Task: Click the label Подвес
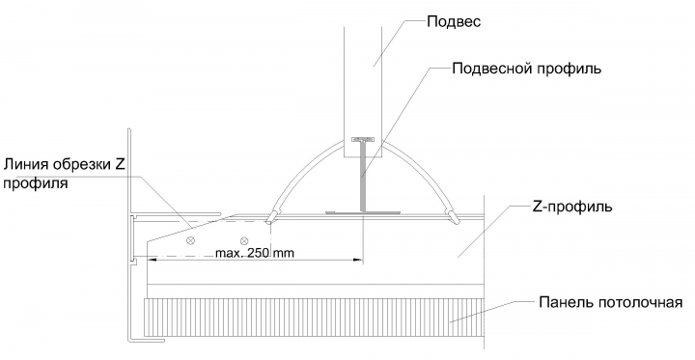pyautogui.click(x=454, y=22)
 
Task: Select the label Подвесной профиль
pyautogui.click(x=527, y=69)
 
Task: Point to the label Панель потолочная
pyautogui.click(x=610, y=302)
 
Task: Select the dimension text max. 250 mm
pyautogui.click(x=255, y=253)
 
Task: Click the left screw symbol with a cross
pyautogui.click(x=191, y=240)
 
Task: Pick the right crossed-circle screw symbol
pyautogui.click(x=244, y=240)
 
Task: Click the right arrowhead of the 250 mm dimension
pyautogui.click(x=358, y=261)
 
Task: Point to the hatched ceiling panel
pyautogui.click(x=313, y=317)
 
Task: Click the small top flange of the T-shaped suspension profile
pyautogui.click(x=363, y=140)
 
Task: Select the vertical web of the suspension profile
pyautogui.click(x=364, y=177)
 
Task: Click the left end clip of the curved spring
pyautogui.click(x=271, y=216)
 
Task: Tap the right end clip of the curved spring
pyautogui.click(x=453, y=216)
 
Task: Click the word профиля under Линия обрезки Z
pyautogui.click(x=36, y=182)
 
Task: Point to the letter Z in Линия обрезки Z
pyautogui.click(x=120, y=164)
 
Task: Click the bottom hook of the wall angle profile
pyautogui.click(x=147, y=340)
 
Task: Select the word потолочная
pyautogui.click(x=640, y=302)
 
